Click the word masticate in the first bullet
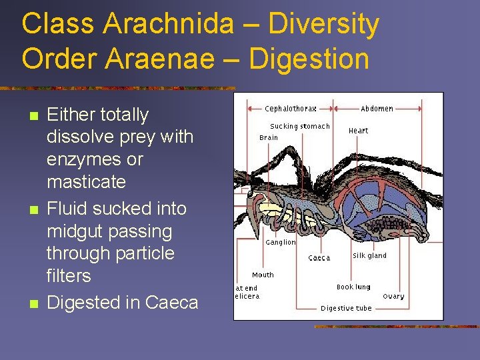86,181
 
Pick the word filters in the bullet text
69,276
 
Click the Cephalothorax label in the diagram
290,109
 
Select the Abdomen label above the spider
377,109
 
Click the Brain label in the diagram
269,137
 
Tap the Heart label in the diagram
358,131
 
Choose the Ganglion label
280,243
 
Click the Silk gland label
369,255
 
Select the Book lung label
354,287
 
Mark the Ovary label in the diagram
393,297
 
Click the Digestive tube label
346,309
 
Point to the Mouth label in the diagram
263,275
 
